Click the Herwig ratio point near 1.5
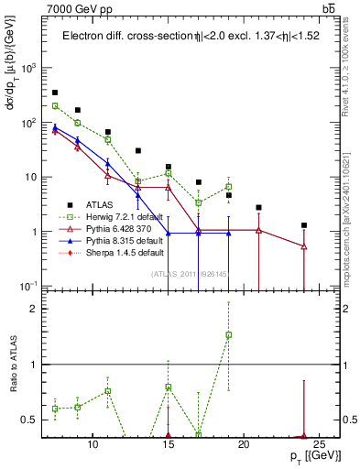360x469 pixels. click(229, 335)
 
